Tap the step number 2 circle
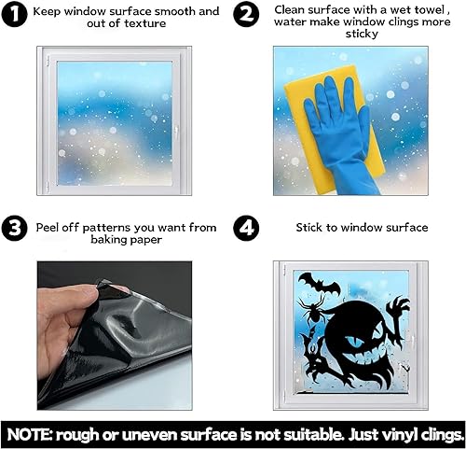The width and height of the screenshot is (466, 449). [247, 16]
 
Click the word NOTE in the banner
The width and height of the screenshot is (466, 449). [36, 433]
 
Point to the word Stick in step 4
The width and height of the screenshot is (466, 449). [311, 227]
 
